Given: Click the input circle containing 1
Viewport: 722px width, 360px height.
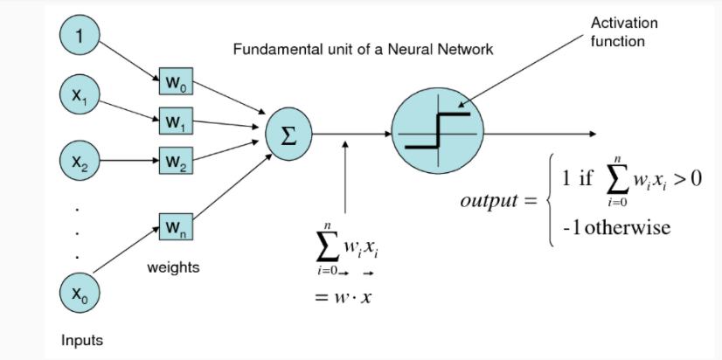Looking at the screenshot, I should point(80,38).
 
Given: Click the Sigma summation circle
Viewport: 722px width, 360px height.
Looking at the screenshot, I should point(288,133).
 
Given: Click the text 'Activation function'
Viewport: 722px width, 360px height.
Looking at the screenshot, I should point(624,31).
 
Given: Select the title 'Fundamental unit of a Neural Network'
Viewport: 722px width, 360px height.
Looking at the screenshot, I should point(363,49).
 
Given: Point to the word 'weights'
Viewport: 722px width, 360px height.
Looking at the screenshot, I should point(173,267).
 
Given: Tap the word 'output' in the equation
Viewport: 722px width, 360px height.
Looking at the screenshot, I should point(489,202).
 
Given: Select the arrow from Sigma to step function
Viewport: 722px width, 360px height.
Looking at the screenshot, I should point(350,134).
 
